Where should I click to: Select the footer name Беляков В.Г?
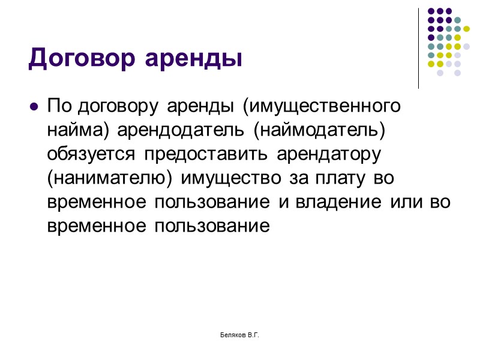(239, 334)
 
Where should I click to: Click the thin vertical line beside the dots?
(418, 48)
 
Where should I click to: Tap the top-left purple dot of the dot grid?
(430, 11)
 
